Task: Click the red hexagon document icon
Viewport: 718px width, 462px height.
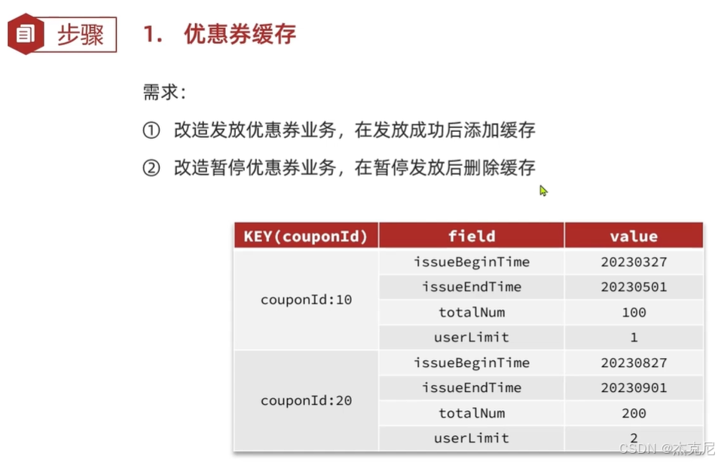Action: point(25,34)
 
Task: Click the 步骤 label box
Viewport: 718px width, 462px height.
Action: point(81,35)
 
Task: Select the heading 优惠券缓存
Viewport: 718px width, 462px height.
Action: point(240,35)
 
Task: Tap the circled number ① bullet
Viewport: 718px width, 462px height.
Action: point(151,130)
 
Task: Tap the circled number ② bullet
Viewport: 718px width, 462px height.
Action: point(151,167)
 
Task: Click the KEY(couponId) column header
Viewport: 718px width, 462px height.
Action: point(305,236)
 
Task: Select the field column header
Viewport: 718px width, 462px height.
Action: point(471,236)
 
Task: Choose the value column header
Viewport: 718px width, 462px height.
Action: point(633,236)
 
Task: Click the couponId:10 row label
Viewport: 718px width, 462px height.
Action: point(306,299)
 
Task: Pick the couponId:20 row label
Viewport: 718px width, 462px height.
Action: point(306,400)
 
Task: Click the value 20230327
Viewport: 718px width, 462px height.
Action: point(633,262)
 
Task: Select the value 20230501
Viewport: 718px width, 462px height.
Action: point(633,287)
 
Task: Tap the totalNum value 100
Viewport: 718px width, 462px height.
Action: point(634,312)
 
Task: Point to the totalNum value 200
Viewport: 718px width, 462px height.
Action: point(634,413)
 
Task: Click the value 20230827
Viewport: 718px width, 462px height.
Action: point(633,363)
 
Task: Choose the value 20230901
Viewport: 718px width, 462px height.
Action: point(633,387)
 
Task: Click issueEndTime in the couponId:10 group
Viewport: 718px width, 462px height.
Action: point(471,287)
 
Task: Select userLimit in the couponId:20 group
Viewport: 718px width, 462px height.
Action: point(471,438)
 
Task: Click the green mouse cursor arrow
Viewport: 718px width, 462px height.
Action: point(543,191)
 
